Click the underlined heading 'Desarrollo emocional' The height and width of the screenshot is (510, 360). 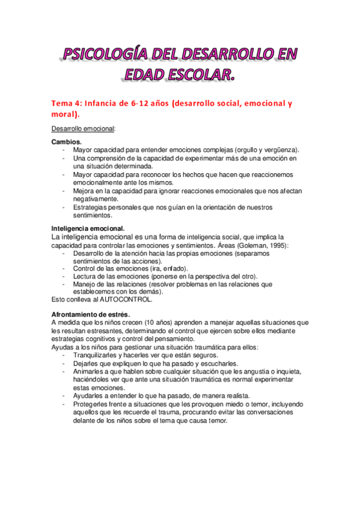[83, 129]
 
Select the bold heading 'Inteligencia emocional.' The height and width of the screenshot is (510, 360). [88, 229]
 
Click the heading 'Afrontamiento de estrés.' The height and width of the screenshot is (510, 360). [91, 315]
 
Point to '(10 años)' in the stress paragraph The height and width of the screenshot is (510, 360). [143, 323]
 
